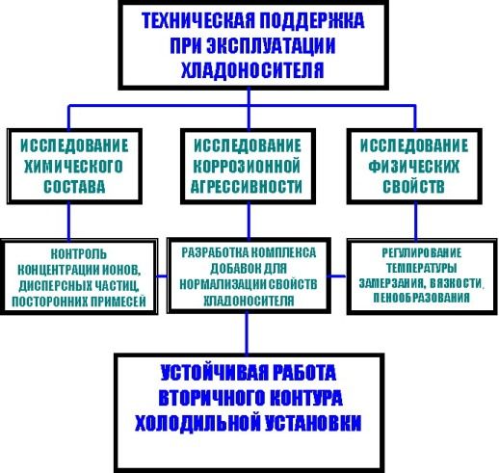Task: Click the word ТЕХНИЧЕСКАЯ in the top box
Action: [x=198, y=20]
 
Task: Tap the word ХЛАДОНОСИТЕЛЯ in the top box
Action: [x=252, y=70]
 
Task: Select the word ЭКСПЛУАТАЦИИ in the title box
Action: [x=271, y=45]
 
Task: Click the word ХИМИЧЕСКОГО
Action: [x=73, y=167]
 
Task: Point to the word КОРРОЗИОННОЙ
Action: [x=247, y=167]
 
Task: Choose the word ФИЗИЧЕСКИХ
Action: [x=414, y=167]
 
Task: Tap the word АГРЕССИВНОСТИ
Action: [x=247, y=187]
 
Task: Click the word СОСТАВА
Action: [x=74, y=187]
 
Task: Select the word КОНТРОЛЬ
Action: [x=79, y=254]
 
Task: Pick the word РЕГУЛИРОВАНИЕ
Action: [x=422, y=252]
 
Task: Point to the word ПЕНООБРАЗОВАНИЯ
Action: [x=421, y=298]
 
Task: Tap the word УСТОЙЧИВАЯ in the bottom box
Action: [x=213, y=373]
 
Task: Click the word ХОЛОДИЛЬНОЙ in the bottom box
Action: [x=197, y=423]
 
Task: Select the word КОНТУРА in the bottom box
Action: [x=305, y=398]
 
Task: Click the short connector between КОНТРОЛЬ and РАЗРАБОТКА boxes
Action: [x=162, y=276]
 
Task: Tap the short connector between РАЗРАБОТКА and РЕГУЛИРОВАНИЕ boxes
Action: [x=337, y=276]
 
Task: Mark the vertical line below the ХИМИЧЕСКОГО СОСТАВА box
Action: [x=68, y=222]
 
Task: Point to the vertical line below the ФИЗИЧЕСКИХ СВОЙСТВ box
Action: [x=416, y=222]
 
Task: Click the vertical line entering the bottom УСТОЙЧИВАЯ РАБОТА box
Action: [x=247, y=333]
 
